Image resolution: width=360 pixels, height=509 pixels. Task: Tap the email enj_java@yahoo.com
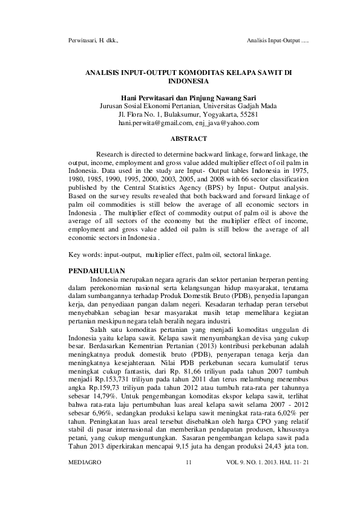click(x=227, y=123)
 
